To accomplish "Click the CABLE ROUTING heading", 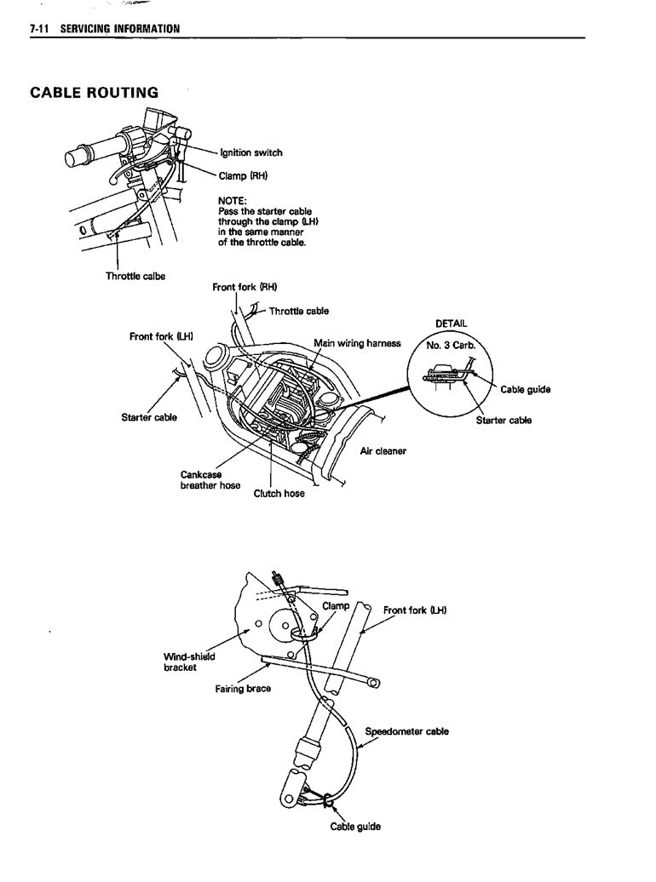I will point(94,92).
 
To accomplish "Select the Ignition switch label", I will point(250,153).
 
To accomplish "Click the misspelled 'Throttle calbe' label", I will point(135,276).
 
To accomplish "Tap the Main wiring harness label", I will point(357,343).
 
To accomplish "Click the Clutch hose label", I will point(279,493).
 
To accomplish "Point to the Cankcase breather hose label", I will point(210,480).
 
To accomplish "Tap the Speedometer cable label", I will point(406,730).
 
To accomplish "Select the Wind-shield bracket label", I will point(188,661).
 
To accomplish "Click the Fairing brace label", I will point(243,688).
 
